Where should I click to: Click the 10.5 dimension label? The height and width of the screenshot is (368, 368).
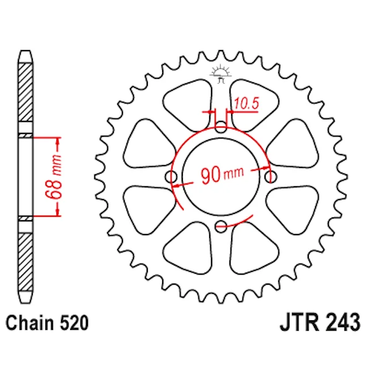pos(247,103)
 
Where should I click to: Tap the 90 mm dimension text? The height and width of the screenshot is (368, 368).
pos(223,174)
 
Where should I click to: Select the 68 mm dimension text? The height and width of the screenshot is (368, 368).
pos(53,177)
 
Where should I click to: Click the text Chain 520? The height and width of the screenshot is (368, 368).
pos(47,323)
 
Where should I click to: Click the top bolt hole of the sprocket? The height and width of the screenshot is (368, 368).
pos(221,126)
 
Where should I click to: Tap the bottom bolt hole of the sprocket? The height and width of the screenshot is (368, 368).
pos(221,226)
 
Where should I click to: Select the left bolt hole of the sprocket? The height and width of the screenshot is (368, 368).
pos(171,177)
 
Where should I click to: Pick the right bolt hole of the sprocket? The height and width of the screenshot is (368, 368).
pos(271,177)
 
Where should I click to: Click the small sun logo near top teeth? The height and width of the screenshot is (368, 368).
pos(221,74)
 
